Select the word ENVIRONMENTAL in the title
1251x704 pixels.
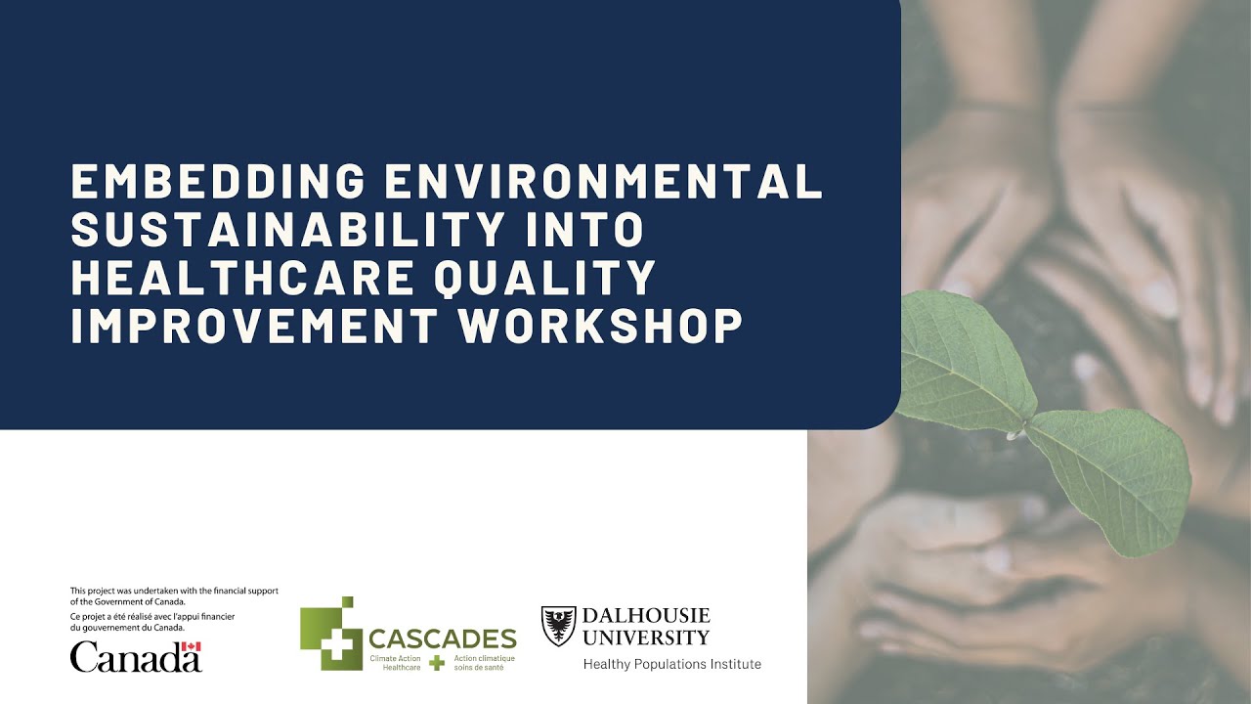coord(604,182)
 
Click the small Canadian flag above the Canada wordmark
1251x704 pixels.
coord(192,647)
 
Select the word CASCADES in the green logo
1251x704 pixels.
coord(442,639)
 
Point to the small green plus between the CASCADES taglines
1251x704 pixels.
coord(437,662)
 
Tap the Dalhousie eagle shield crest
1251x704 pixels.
coord(558,626)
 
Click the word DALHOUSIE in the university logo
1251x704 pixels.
coord(646,616)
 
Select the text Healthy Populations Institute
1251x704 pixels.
coord(671,665)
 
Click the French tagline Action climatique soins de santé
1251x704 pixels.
coord(484,662)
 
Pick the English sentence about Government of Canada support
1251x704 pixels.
coord(174,595)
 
